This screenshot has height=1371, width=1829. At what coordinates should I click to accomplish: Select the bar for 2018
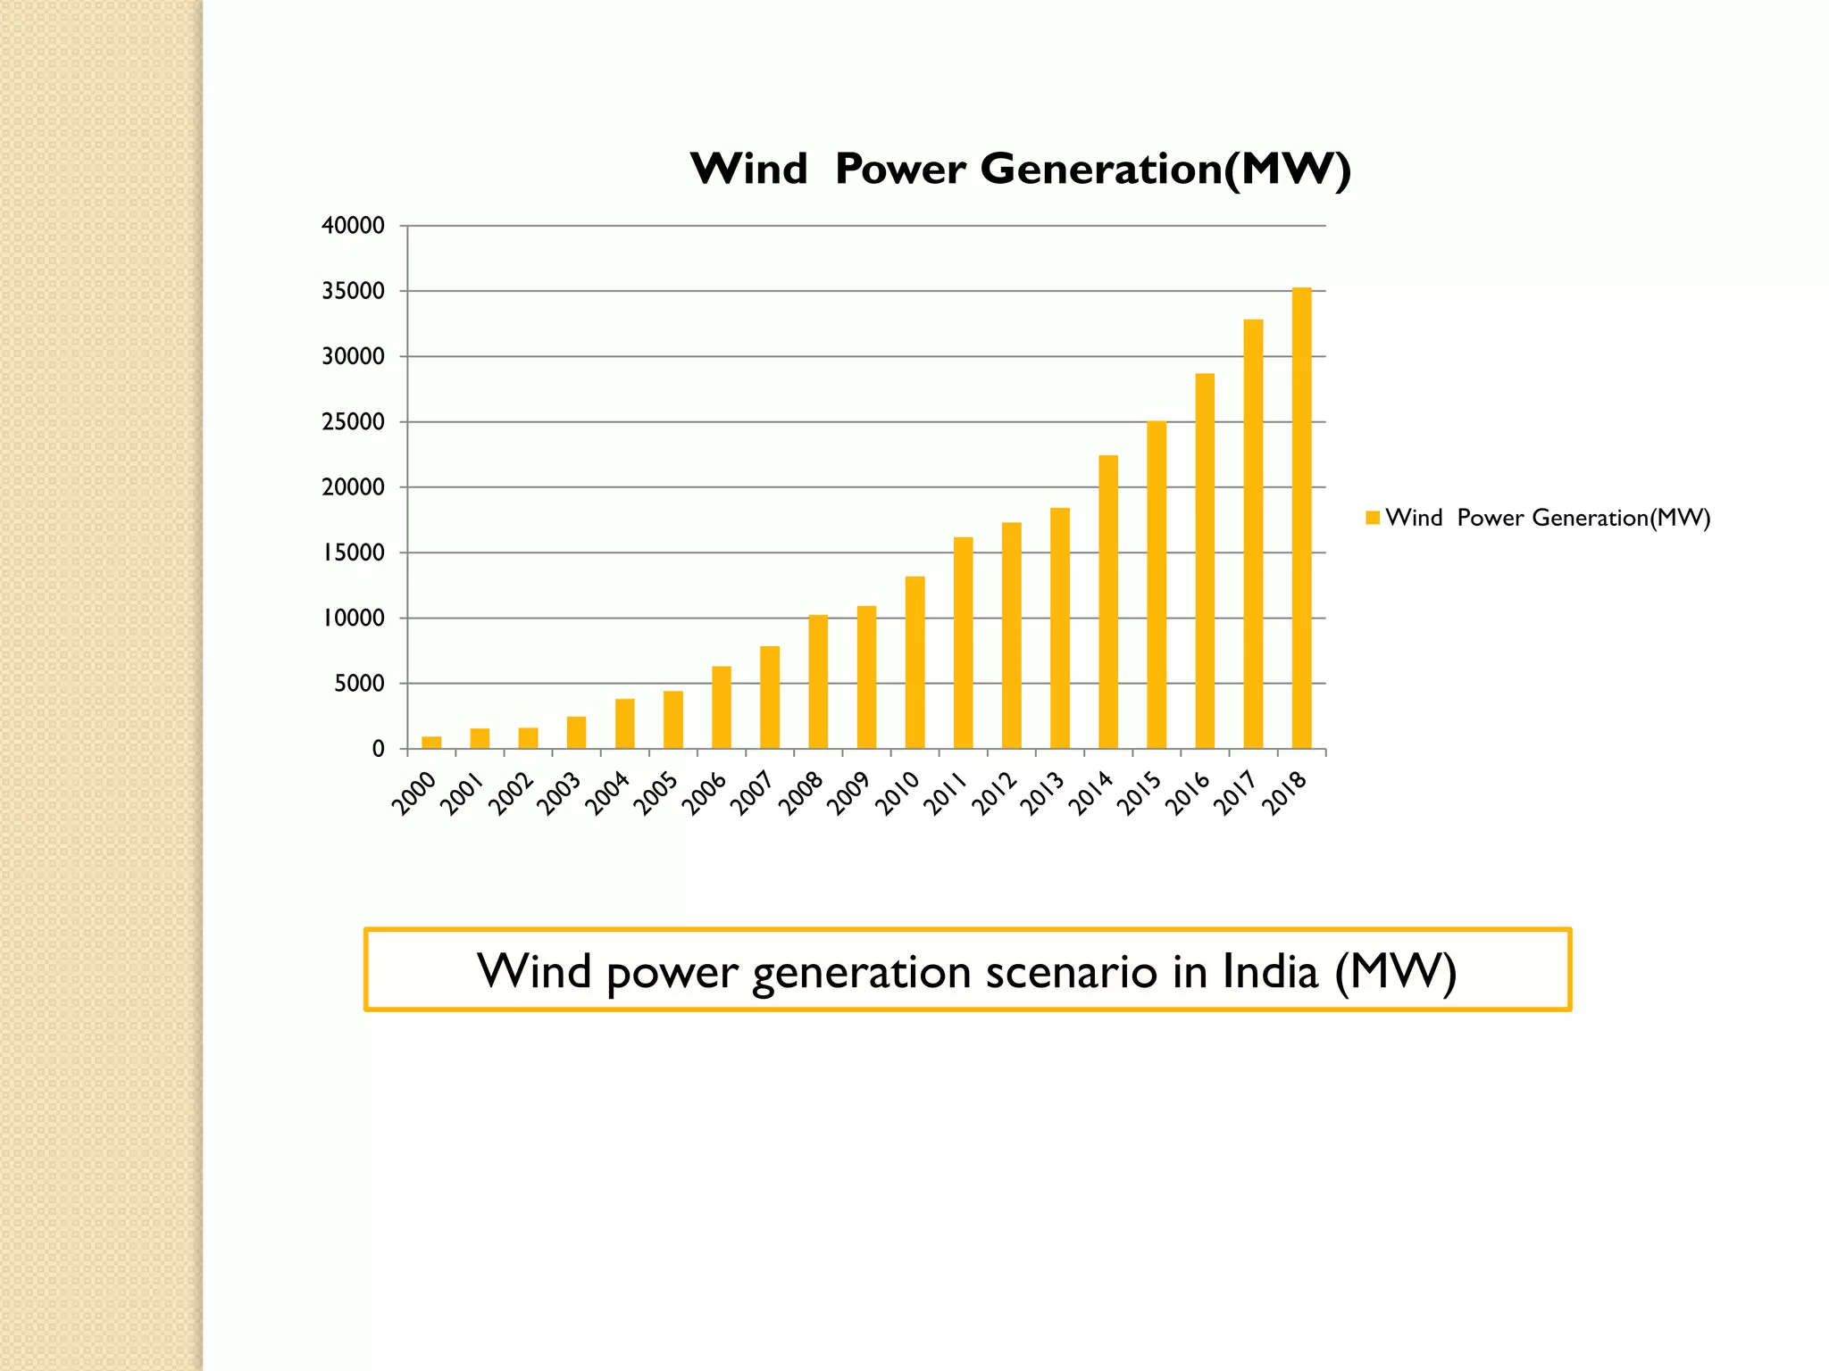coord(1301,518)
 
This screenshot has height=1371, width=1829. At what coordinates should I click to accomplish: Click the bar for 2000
coord(431,743)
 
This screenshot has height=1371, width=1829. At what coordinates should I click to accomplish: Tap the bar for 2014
coord(1108,602)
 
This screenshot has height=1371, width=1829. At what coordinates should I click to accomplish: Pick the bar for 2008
coord(818,682)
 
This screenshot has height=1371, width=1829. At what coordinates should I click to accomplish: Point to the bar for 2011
coord(963,643)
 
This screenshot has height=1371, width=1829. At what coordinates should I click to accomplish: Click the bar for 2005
coord(672,719)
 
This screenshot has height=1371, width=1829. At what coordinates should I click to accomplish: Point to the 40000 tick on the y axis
coord(353,226)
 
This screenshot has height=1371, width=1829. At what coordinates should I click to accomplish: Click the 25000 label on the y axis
coord(353,422)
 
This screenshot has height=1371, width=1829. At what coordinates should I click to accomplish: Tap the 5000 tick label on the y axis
coord(359,684)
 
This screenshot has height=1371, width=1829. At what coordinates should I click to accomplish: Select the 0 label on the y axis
coord(378,750)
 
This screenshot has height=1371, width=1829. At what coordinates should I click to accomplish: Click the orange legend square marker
coord(1373,518)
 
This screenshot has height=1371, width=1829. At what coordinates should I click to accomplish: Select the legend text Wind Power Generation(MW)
coord(1547,518)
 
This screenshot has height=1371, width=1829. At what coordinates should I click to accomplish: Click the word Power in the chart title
coord(900,170)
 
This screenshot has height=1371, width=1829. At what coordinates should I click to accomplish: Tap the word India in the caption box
coord(1269,971)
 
